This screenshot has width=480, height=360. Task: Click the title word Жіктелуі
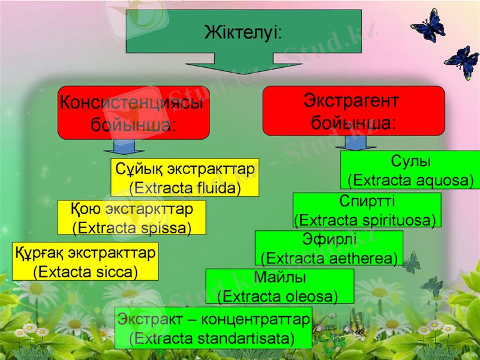coord(242,31)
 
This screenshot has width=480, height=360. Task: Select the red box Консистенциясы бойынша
coord(133,113)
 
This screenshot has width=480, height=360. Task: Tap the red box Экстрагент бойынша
coord(353,110)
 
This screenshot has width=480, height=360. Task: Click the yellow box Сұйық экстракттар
coord(185,178)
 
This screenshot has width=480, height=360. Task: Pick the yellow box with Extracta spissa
coord(131,218)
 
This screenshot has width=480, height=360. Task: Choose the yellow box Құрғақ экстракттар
coord(85,262)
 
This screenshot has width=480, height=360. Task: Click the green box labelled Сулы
coord(410,170)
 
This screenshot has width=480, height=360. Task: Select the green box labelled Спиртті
coord(367,210)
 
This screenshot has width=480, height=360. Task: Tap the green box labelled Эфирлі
coord(329,248)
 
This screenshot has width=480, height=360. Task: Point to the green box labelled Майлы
coord(280,286)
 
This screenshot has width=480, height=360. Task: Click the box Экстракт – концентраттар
coord(213,328)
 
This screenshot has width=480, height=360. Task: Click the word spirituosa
coord(395,220)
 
